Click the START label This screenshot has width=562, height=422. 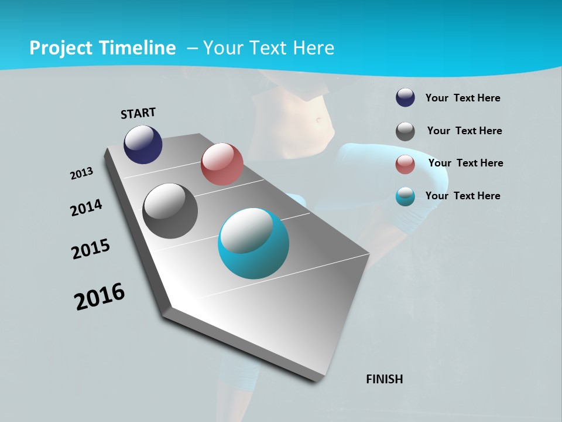[x=138, y=113]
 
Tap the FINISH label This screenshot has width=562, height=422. [x=385, y=379]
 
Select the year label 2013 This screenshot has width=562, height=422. [x=82, y=173]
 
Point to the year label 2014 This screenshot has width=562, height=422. [x=87, y=207]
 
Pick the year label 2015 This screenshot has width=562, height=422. [x=91, y=249]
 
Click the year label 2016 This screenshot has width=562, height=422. [x=100, y=296]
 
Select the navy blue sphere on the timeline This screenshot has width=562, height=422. [x=143, y=145]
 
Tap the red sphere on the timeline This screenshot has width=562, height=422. [x=222, y=164]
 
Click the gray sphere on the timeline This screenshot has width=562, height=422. [x=170, y=211]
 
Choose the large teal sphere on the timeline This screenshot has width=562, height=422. [x=253, y=244]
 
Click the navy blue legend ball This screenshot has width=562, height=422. [x=405, y=98]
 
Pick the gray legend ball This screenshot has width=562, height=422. [x=405, y=131]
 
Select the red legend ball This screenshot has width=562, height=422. [x=405, y=164]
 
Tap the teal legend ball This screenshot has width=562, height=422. [x=405, y=197]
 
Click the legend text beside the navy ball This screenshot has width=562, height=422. [x=462, y=98]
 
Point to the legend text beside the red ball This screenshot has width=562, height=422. [x=465, y=163]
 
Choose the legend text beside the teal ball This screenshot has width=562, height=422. [x=462, y=196]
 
